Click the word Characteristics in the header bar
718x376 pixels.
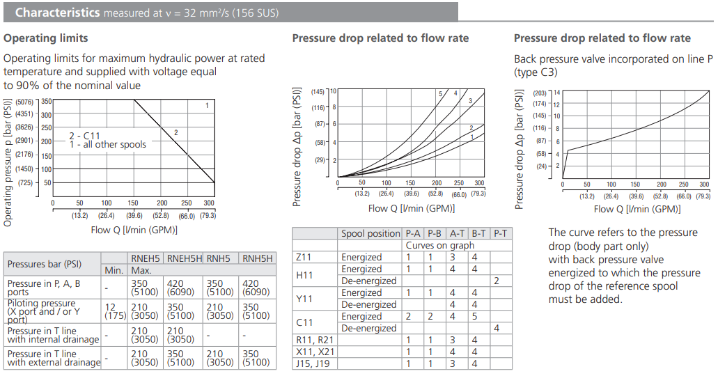coord(57,13)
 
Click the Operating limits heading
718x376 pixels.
coord(46,38)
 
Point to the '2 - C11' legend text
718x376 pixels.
coord(86,135)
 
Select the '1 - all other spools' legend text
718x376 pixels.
coord(108,145)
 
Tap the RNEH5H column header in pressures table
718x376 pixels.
coord(185,259)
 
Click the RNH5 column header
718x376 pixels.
coord(222,259)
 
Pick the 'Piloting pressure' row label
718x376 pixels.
coord(41,304)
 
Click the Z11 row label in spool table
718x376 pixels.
coord(304,258)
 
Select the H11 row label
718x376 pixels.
coord(304,275)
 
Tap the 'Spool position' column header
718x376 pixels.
coord(370,234)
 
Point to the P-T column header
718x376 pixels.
coord(501,234)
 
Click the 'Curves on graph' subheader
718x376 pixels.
coord(439,246)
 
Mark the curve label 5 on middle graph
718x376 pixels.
coord(440,94)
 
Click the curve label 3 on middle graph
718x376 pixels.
coord(471,102)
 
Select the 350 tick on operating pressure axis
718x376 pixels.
coord(46,102)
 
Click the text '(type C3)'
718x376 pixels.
coord(536,72)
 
